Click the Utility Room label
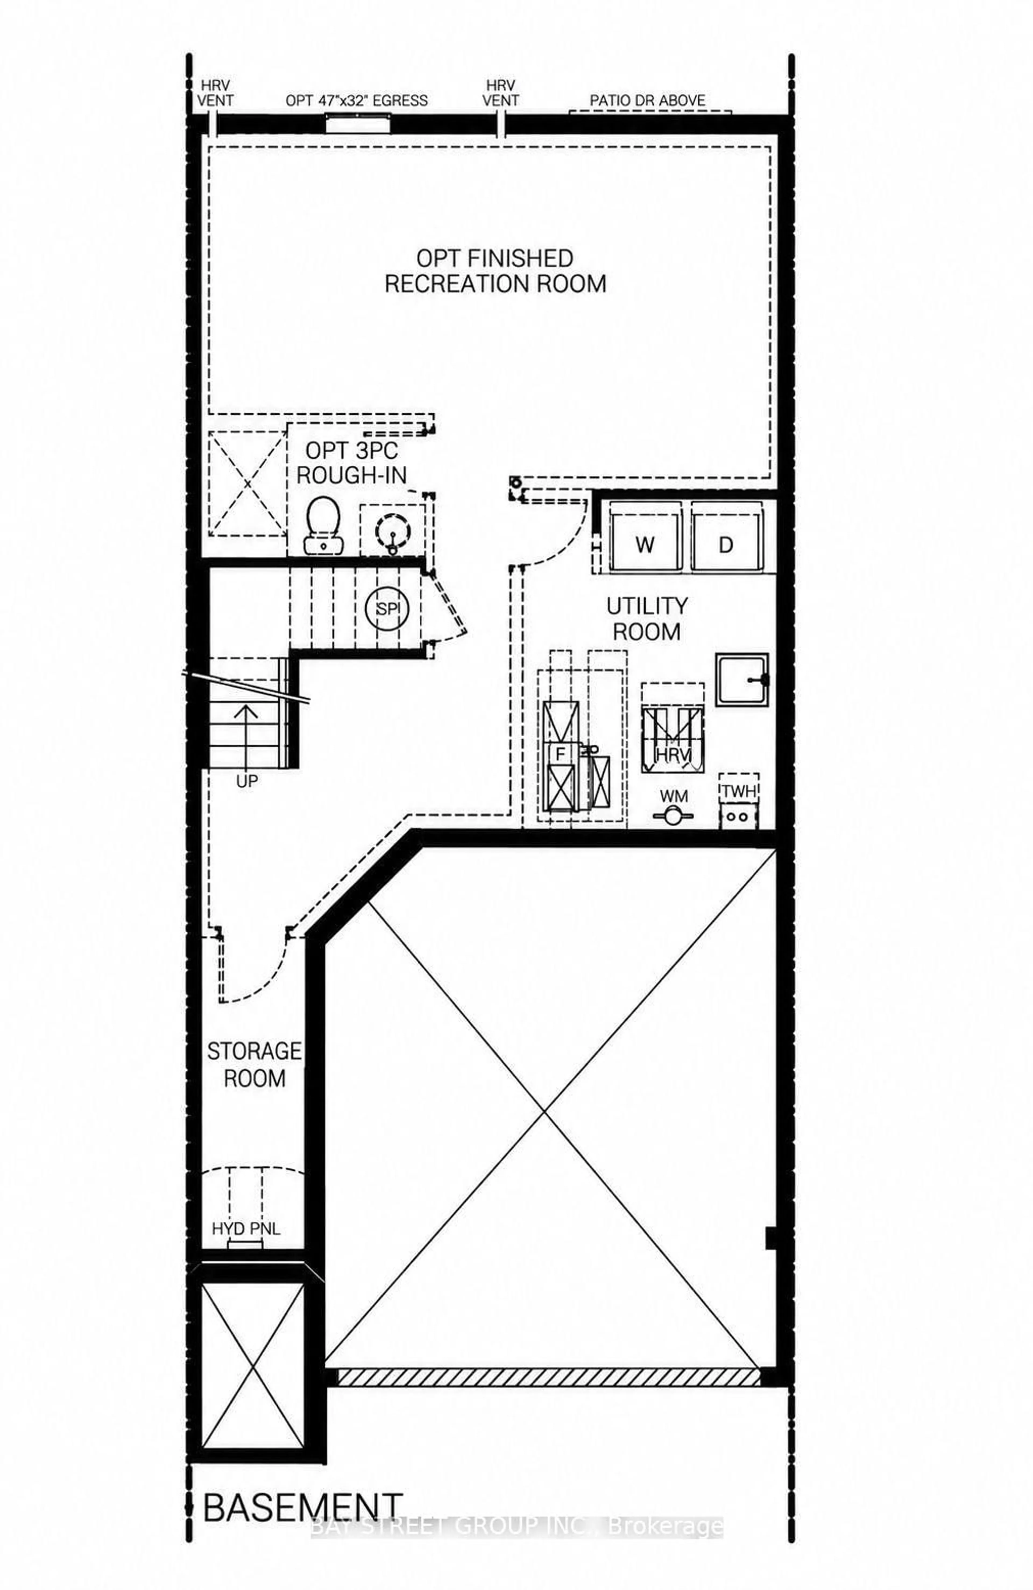coord(646,619)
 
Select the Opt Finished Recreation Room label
coord(495,271)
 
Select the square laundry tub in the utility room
coord(742,679)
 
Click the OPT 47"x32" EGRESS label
coord(356,100)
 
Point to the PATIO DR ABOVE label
coord(647,100)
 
